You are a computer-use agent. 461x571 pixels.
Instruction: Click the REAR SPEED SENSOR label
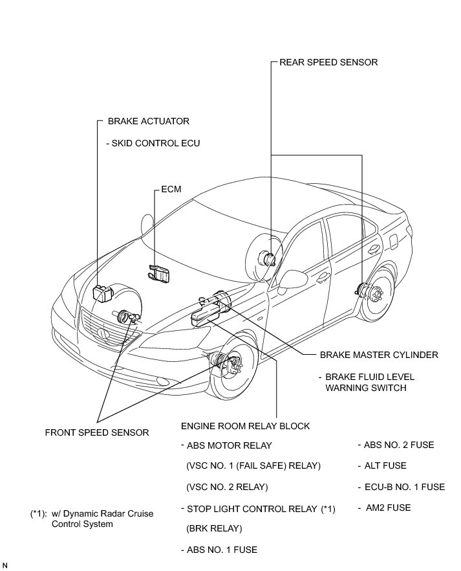328,63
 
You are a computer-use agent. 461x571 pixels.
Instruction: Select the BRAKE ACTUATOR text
148,121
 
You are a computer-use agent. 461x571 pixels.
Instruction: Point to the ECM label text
171,190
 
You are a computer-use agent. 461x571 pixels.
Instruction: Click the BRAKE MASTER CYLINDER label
379,355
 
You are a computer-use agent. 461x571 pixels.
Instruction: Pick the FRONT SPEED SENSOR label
97,432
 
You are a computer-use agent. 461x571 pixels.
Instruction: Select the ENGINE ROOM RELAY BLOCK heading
245,426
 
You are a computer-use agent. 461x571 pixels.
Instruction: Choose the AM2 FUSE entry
387,508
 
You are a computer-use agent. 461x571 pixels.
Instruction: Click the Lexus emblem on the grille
102,334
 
